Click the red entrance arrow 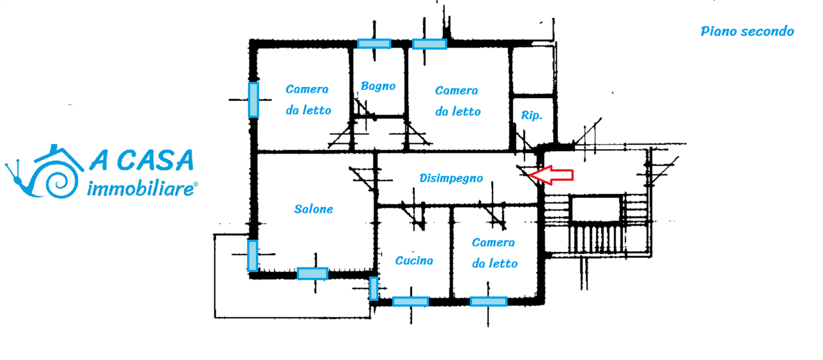554,174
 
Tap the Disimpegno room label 451,178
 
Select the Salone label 314,209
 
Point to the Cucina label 413,260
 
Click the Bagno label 377,86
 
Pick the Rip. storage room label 531,116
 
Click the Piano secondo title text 747,31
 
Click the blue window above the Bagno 374,43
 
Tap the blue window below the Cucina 410,301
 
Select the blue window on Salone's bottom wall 312,273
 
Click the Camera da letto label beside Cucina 494,253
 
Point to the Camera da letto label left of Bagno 308,100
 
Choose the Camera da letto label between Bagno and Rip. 457,101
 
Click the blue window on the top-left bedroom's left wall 253,100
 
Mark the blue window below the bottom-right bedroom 488,301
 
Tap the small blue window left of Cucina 373,288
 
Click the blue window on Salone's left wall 253,255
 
